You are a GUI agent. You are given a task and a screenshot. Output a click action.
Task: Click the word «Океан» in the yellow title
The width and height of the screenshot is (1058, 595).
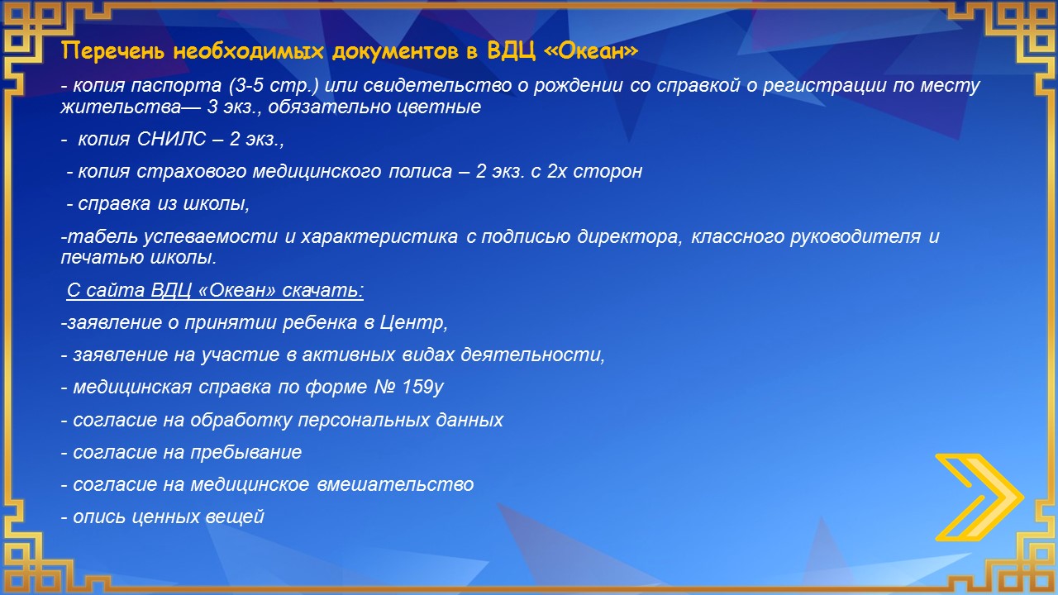[x=591, y=50]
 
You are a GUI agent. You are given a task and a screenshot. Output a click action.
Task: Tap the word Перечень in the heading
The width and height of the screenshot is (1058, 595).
[x=113, y=51]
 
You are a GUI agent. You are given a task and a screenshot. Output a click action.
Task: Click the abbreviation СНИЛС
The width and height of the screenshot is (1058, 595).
[x=172, y=139]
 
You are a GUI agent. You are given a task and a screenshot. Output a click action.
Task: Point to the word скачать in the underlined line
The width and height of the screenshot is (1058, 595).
[x=322, y=290]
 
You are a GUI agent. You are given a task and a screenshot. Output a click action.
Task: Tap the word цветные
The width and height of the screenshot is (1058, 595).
[x=438, y=107]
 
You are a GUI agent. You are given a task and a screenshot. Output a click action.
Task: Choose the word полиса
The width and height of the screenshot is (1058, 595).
[x=421, y=171]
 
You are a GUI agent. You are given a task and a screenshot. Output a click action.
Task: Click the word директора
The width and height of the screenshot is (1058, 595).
[x=630, y=236]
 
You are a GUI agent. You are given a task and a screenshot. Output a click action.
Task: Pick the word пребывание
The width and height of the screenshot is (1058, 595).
[x=246, y=452]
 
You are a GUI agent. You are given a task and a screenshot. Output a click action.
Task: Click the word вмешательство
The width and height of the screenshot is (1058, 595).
[x=395, y=484]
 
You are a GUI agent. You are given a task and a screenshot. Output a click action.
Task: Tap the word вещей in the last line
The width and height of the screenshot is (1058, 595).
[x=235, y=517]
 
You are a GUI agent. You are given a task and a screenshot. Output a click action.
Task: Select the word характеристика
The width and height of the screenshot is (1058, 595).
[x=379, y=236]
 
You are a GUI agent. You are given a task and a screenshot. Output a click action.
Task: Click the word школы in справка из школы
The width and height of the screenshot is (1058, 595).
[x=217, y=204]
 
